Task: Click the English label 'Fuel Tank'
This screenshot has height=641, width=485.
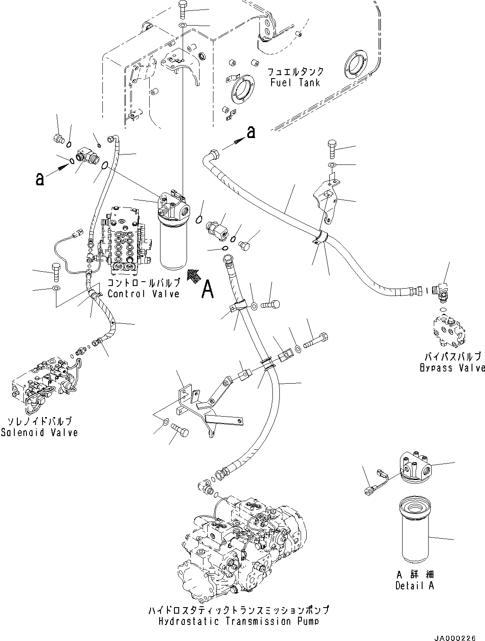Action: pyautogui.click(x=295, y=82)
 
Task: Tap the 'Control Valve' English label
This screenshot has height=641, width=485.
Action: pyautogui.click(x=143, y=294)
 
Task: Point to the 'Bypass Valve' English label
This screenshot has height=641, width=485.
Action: pyautogui.click(x=452, y=368)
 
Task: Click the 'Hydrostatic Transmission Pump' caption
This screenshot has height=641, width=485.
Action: pyautogui.click(x=237, y=621)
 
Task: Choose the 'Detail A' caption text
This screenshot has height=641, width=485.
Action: pyautogui.click(x=414, y=585)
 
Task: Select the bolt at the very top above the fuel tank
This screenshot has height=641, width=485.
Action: pyautogui.click(x=182, y=10)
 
